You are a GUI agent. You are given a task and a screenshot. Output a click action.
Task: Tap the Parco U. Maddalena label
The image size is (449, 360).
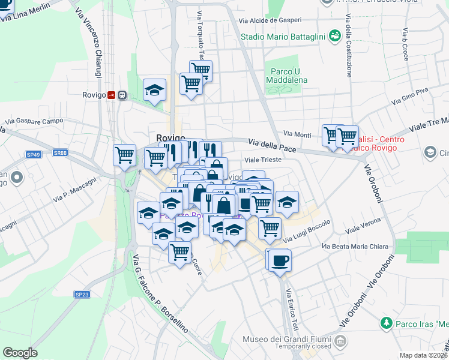point(286,76)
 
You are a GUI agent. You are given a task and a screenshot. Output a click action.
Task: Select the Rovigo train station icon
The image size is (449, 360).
point(111,95)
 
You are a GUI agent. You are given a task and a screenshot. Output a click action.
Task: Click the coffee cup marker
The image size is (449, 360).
point(279,261)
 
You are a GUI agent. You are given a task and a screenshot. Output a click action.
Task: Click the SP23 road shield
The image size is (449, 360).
point(82,294)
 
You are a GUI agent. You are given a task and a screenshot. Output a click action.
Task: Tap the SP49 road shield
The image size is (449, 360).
point(33,155)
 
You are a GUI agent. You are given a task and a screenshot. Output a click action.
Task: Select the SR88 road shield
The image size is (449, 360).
point(59,153)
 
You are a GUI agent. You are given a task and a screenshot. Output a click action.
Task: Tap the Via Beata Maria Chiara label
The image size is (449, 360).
point(357,247)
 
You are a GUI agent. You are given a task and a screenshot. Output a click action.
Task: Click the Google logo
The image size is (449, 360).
point(20,353)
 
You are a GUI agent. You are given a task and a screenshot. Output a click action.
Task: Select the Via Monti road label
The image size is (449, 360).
point(297,134)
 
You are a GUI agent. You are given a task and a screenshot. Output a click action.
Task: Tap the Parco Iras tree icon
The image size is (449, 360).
point(386,323)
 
